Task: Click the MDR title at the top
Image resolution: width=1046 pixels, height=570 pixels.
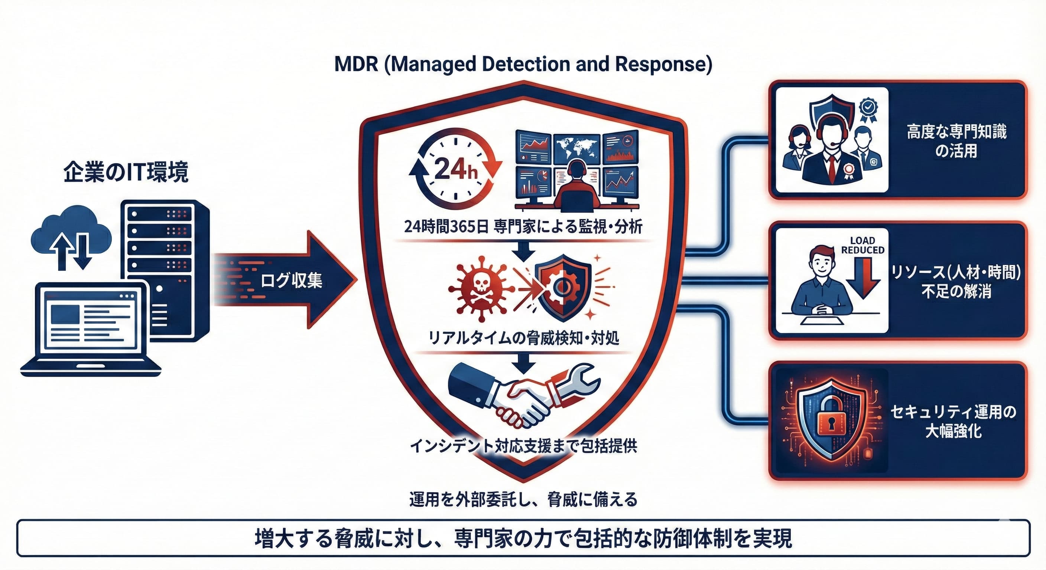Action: pyautogui.click(x=523, y=65)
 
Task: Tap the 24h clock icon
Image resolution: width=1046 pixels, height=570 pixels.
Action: pyautogui.click(x=455, y=170)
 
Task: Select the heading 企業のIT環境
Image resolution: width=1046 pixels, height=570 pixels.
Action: pyautogui.click(x=126, y=172)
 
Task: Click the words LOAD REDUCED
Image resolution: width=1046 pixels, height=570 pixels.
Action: pyautogui.click(x=863, y=245)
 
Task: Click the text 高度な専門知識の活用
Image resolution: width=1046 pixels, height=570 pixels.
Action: pyautogui.click(x=956, y=141)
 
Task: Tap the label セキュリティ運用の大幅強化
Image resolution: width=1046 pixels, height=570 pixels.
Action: pyautogui.click(x=954, y=421)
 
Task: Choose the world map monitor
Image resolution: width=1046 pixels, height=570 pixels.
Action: pyautogui.click(x=576, y=148)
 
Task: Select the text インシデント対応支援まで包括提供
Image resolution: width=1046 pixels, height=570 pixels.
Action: pyautogui.click(x=523, y=446)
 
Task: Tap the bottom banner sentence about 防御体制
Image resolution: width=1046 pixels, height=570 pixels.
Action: pyautogui.click(x=523, y=539)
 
